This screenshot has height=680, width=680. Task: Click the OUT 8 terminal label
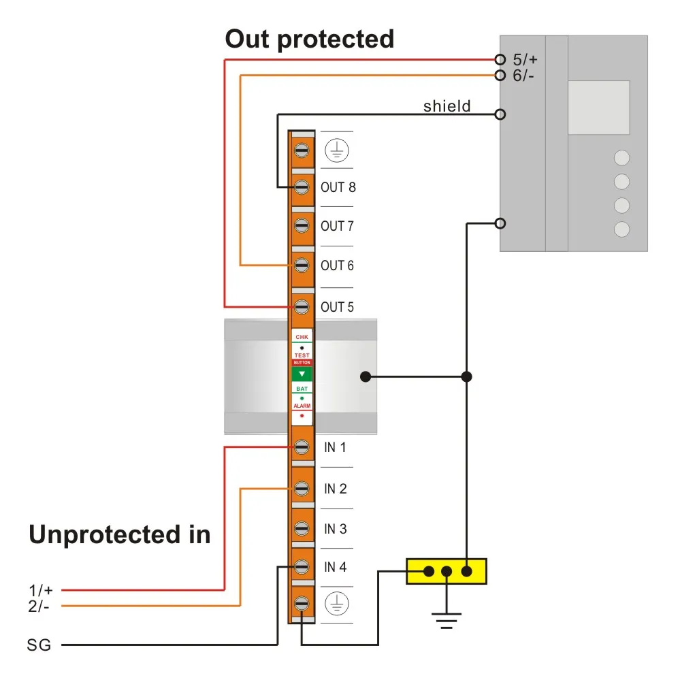tap(338, 187)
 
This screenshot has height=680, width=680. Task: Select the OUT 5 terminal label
tap(338, 307)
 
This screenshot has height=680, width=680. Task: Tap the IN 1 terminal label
tap(335, 447)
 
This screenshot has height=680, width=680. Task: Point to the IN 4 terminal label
tap(335, 567)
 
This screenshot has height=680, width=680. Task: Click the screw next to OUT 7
tap(302, 225)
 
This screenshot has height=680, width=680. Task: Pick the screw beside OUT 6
tap(302, 265)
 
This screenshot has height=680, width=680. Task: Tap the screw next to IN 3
tap(302, 528)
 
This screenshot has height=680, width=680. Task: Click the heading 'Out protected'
tap(310, 39)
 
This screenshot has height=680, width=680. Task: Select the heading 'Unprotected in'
tap(120, 535)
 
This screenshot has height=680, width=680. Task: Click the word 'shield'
tap(447, 106)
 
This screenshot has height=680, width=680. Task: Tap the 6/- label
tap(524, 75)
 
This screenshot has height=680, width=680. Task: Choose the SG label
tap(39, 644)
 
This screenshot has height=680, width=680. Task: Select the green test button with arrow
tap(302, 374)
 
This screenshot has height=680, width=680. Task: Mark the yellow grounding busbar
tap(447, 571)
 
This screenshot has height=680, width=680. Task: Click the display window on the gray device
tap(599, 107)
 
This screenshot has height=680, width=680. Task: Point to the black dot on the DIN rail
tap(366, 376)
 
